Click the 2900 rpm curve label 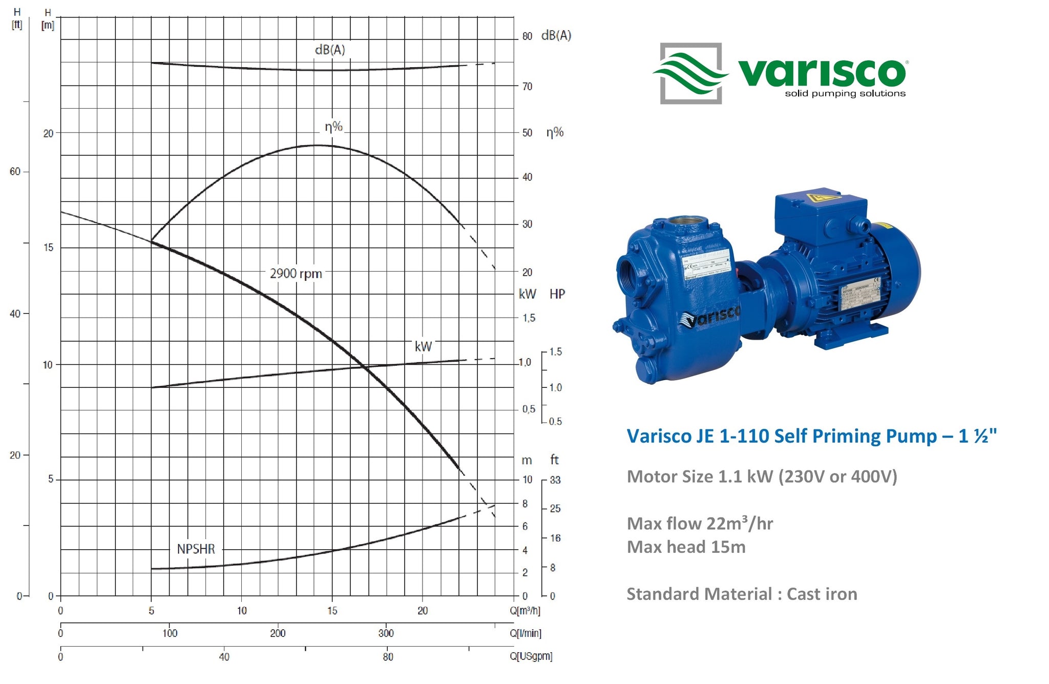tap(296, 274)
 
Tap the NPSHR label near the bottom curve tap(196, 549)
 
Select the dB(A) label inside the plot tap(329, 50)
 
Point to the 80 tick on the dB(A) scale tap(527, 36)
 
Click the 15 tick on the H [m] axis tap(48, 247)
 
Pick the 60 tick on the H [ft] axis tap(15, 172)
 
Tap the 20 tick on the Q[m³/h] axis tap(422, 611)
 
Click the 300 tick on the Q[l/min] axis tap(386, 633)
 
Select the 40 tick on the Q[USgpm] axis tap(224, 657)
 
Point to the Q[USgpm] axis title tap(531, 656)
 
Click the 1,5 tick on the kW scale tap(529, 318)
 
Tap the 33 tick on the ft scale tap(555, 480)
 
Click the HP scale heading tap(557, 294)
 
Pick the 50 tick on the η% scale tap(527, 133)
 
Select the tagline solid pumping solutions tap(845, 94)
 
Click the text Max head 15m tap(686, 547)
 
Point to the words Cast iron tap(822, 594)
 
